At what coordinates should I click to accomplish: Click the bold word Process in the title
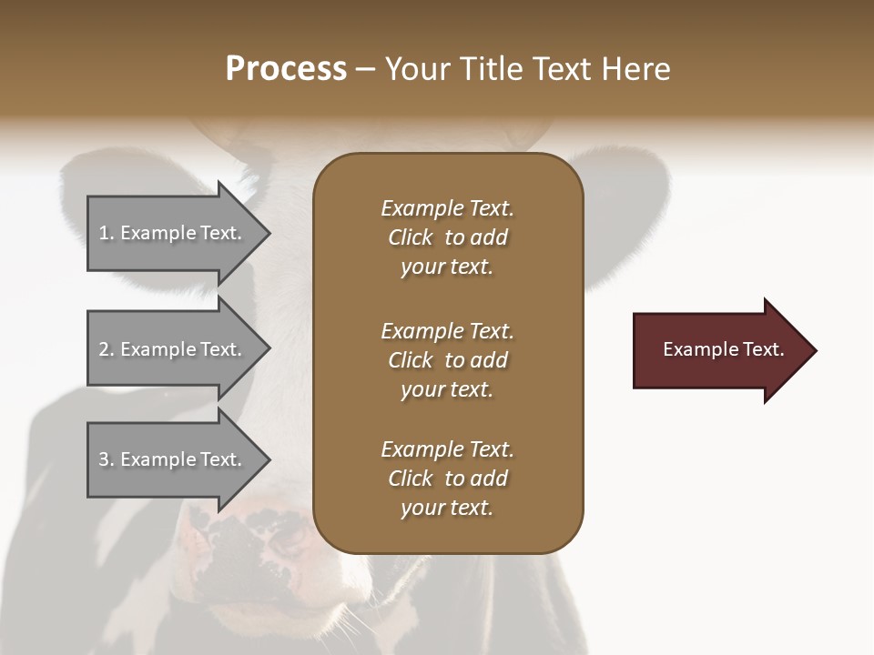click(x=286, y=69)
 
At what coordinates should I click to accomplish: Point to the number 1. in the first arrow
click(x=107, y=233)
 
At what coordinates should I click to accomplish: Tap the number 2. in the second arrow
click(x=107, y=349)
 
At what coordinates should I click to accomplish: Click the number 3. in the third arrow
click(x=107, y=459)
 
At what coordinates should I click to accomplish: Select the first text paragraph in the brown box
click(x=447, y=237)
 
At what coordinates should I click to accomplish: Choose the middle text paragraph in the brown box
click(x=447, y=360)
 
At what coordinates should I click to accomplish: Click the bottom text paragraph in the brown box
click(x=447, y=479)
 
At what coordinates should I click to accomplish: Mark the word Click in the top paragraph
click(x=410, y=237)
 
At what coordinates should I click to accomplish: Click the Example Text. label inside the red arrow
click(x=724, y=349)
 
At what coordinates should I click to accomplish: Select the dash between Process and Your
click(x=366, y=70)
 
